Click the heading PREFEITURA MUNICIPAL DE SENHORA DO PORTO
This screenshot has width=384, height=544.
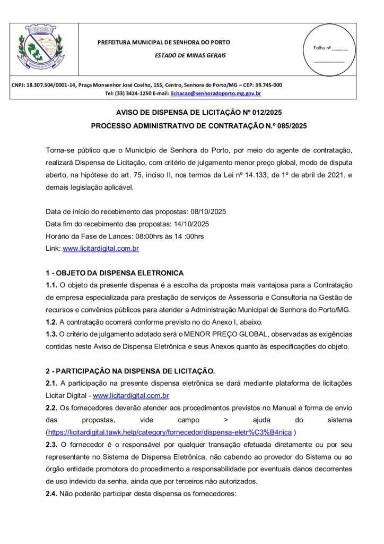pyautogui.click(x=164, y=42)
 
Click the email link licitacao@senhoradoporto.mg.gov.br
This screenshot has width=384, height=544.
pyautogui.click(x=215, y=93)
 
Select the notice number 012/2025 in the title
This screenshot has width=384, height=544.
pyautogui.click(x=261, y=113)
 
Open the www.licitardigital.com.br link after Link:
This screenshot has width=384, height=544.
pyautogui.click(x=101, y=248)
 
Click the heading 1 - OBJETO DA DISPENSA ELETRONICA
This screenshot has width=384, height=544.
pyautogui.click(x=115, y=273)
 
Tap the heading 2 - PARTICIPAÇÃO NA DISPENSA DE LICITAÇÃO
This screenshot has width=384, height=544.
pyautogui.click(x=130, y=370)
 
